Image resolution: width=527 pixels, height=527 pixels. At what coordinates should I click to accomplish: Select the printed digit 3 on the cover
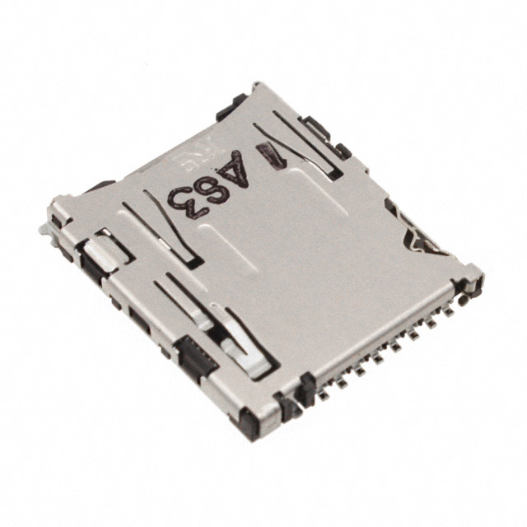point(183,198)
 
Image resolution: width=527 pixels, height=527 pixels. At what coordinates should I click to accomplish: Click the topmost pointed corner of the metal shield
point(258,84)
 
